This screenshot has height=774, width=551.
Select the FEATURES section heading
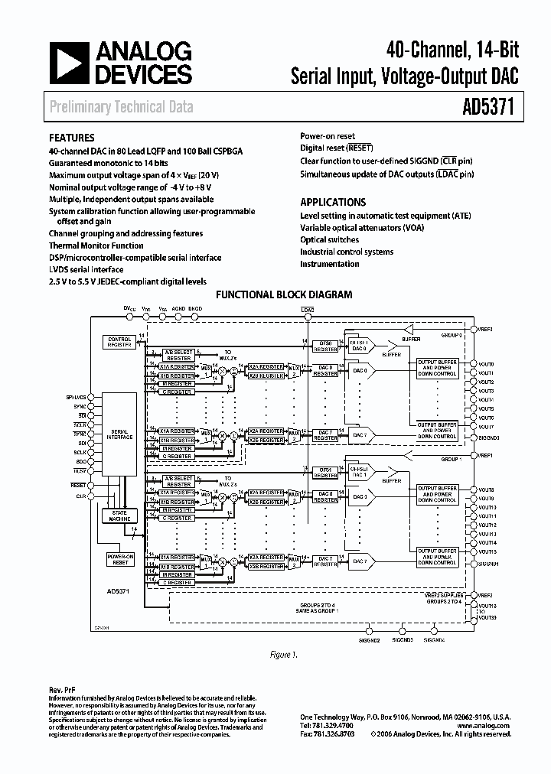[72, 138]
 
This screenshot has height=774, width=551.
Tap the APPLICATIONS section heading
[333, 203]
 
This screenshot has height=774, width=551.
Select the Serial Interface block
[119, 434]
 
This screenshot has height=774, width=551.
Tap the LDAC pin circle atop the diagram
[308, 315]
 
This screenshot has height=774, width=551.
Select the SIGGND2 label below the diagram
[370, 639]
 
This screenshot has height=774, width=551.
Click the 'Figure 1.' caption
[284, 655]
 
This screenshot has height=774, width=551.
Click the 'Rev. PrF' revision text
[60, 691]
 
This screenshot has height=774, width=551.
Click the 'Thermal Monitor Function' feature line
[96, 246]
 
